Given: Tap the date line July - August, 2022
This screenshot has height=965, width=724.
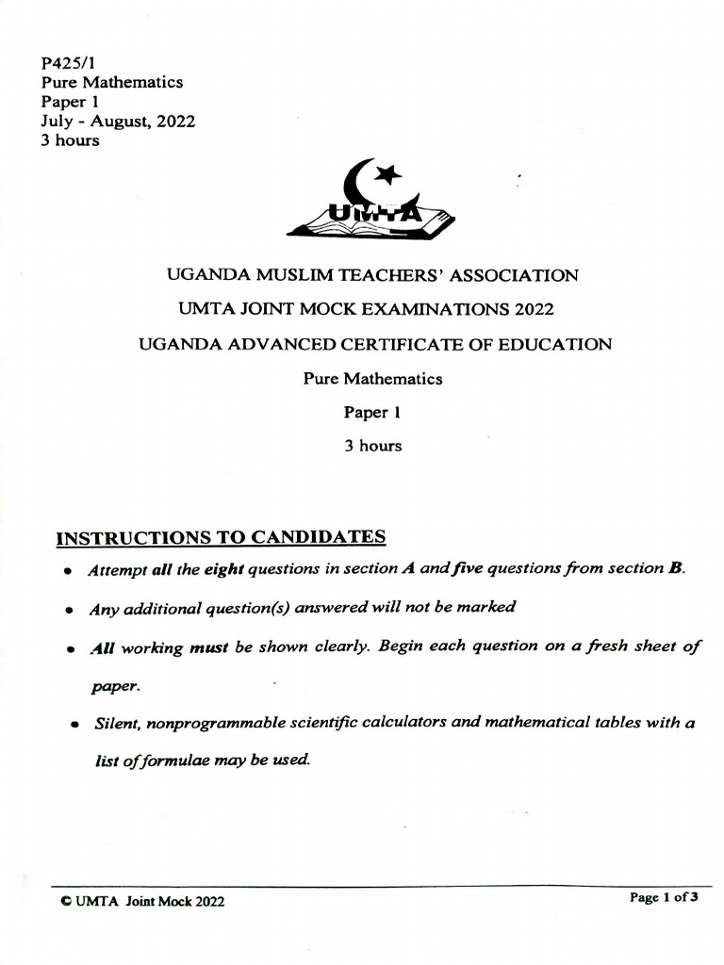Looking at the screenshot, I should [118, 122].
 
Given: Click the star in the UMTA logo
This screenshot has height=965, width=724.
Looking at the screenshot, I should [387, 174].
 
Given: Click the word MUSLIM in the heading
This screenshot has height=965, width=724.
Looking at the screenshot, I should [277, 276].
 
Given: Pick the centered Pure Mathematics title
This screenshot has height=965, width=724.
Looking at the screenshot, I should [372, 379].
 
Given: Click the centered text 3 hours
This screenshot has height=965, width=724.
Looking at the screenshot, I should [372, 446].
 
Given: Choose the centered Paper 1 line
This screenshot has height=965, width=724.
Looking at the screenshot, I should [372, 413].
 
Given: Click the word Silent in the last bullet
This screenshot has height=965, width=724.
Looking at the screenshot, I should [116, 724].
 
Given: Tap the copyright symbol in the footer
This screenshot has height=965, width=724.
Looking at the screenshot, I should [64, 902].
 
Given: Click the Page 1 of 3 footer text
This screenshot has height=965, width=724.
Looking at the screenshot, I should [664, 898].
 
